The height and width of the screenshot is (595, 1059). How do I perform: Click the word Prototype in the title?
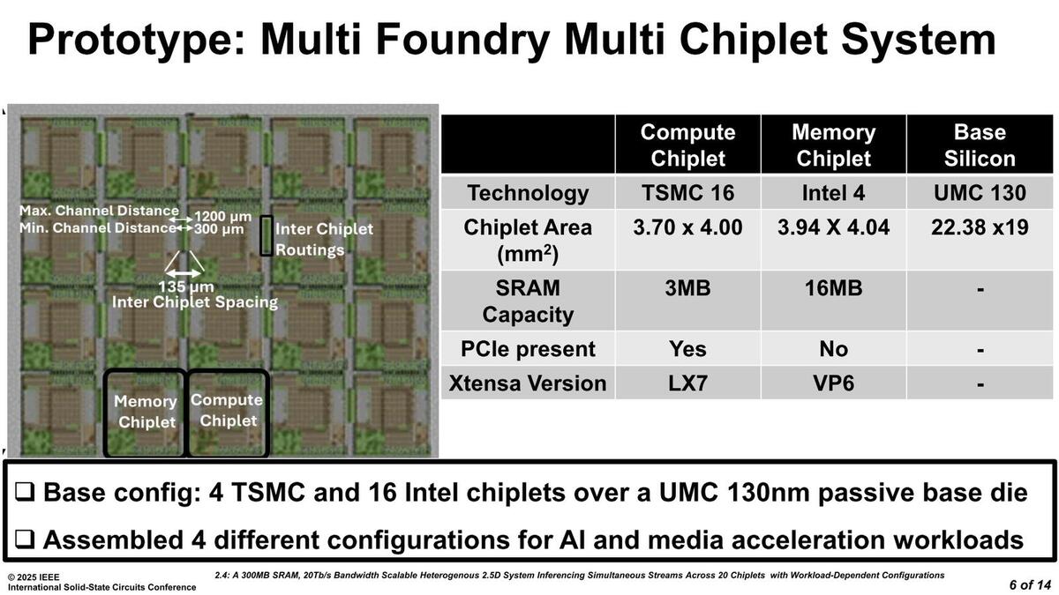click(137, 41)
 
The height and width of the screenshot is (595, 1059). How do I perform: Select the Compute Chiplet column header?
click(687, 145)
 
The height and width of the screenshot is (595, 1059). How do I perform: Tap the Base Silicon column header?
click(980, 145)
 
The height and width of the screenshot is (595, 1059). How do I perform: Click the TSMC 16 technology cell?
click(687, 193)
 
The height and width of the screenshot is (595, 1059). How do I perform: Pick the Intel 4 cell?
click(833, 193)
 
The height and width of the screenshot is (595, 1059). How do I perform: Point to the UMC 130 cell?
click(980, 193)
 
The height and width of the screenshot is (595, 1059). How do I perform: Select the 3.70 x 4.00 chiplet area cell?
click(687, 227)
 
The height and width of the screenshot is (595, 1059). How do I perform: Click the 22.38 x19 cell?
click(980, 227)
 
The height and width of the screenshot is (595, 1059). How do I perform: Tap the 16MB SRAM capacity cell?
click(833, 288)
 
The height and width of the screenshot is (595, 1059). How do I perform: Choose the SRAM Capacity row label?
click(528, 301)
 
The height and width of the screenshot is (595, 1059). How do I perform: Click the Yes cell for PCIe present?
click(687, 349)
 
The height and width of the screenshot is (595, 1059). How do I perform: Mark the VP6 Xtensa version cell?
click(833, 383)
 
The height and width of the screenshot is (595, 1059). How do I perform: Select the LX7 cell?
click(687, 383)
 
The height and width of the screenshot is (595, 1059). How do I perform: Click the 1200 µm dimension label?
click(222, 217)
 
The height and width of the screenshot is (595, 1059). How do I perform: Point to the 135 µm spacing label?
click(186, 286)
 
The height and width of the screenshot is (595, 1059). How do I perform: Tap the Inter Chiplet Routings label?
click(325, 239)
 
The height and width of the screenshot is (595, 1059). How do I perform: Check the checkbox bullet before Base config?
click(25, 492)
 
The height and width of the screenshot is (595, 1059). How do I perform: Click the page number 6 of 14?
click(1030, 585)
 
